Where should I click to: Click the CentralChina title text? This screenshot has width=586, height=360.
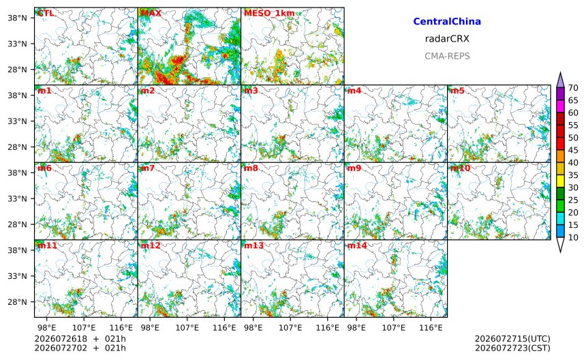tap(447, 21)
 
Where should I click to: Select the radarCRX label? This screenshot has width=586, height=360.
tap(447, 38)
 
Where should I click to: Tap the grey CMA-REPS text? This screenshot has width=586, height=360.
tap(447, 56)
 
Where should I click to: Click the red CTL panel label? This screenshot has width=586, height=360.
tap(46, 13)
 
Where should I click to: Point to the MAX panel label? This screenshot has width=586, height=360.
tap(151, 13)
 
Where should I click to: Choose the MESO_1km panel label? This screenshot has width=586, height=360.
tap(269, 13)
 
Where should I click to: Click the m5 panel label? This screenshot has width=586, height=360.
tap(457, 91)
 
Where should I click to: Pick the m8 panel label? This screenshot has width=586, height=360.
tap(251, 168)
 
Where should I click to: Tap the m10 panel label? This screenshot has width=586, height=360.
tap(460, 168)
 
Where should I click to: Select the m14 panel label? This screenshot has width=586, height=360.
tap(357, 245)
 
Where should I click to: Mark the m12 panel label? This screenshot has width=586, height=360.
tap(150, 245)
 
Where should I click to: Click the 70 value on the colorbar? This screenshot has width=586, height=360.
tap(573, 88)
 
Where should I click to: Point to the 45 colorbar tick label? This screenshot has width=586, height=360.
tap(573, 150)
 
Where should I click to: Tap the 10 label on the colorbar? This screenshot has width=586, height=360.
tap(573, 237)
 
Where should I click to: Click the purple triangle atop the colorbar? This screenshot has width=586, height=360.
tap(560, 80)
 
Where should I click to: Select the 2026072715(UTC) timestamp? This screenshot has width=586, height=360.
tap(512, 339)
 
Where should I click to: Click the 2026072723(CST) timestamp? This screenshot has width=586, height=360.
tap(512, 348)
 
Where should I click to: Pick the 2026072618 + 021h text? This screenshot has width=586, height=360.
tap(80, 339)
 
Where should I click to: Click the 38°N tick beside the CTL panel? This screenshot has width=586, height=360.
tap(17, 18)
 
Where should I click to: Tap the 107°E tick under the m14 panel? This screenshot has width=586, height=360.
tap(394, 328)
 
